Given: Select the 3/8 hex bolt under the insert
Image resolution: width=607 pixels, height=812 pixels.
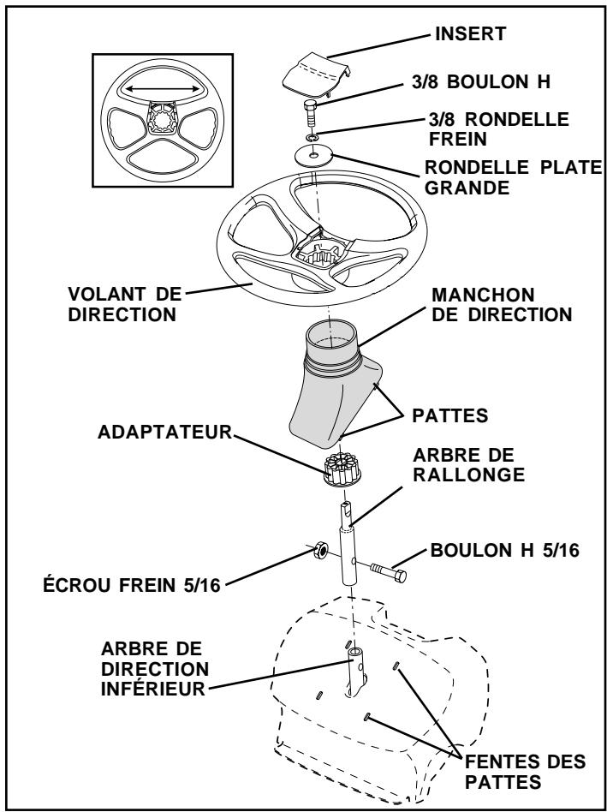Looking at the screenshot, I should tap(312, 112).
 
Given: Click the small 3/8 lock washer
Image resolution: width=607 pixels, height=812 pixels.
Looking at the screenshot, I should tap(314, 136).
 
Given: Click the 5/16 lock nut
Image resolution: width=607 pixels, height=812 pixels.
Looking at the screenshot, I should tap(315, 549).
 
